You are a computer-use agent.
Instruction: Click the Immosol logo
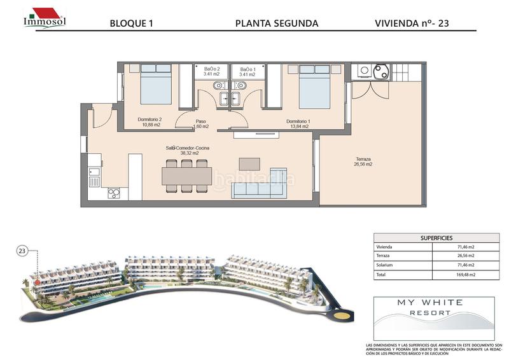point(44,18)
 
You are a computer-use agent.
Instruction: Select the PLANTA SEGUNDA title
point(277,24)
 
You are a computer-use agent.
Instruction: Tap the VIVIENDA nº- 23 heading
point(417,24)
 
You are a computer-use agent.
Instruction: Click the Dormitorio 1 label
point(298,123)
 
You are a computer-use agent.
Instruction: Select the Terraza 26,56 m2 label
point(364,162)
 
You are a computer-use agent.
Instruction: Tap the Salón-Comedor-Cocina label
point(188,150)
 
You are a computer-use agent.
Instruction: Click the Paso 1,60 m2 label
point(200,123)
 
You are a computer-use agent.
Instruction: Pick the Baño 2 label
point(212,71)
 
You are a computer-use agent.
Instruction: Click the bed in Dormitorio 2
point(156,84)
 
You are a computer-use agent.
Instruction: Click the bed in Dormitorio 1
point(314,87)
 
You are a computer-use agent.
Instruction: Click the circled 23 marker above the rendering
point(22,251)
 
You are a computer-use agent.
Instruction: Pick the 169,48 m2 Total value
point(466,275)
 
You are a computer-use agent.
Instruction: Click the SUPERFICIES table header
point(436,237)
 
